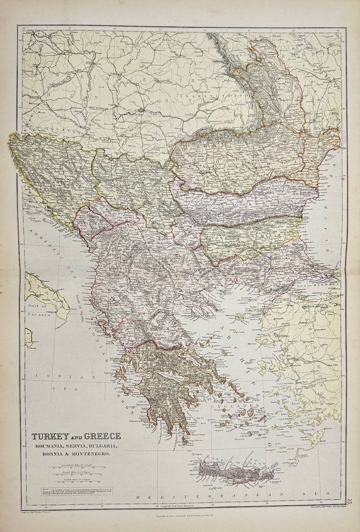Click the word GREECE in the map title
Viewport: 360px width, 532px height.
(x=102, y=436)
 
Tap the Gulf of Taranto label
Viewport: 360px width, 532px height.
(x=38, y=310)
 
